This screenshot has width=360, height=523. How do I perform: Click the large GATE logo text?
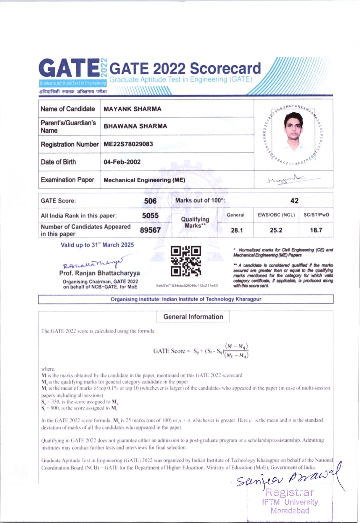69,69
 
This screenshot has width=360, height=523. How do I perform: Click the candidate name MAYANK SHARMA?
132,109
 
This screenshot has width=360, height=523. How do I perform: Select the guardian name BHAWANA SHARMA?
135,126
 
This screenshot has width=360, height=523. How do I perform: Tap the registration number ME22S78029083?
128,144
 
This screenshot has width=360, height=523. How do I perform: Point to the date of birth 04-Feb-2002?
122,162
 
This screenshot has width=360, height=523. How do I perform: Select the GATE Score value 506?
150,201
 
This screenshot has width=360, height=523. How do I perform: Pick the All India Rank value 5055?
150,216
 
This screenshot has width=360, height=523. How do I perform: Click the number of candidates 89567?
150,230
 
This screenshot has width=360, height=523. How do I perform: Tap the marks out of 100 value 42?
294,201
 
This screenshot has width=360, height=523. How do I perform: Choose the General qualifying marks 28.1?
237,230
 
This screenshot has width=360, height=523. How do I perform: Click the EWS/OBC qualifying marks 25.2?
276,230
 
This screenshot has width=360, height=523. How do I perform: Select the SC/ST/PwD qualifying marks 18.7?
316,230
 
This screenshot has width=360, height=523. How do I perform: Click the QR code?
186,261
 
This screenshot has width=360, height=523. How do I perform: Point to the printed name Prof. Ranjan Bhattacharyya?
99,273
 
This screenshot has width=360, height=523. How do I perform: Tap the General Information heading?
193,317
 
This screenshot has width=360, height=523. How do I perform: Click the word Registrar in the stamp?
290,492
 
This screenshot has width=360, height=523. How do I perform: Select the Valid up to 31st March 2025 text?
97,245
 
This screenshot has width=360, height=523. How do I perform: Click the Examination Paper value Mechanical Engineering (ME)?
144,180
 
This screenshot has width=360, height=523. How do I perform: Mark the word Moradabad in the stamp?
290,511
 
